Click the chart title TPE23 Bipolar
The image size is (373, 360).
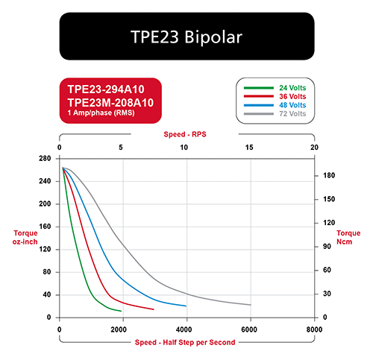[x=186, y=37]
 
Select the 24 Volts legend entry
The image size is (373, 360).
[x=292, y=88]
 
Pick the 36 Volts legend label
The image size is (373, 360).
[x=292, y=96]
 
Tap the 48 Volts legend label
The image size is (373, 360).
[x=292, y=105]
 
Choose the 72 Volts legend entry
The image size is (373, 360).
[x=292, y=114]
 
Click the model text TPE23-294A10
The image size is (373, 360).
[x=106, y=89]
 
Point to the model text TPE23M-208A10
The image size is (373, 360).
[x=110, y=102]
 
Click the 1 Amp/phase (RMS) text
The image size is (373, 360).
[x=101, y=113]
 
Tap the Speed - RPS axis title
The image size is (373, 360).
[x=185, y=134]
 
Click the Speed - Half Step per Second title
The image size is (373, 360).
[x=185, y=342]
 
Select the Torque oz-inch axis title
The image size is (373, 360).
[x=25, y=237]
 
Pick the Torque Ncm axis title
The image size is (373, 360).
[x=348, y=237]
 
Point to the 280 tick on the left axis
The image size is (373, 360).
[x=45, y=158]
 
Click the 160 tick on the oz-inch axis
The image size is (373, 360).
[x=45, y=227]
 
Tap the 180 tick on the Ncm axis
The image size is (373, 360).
[x=329, y=175]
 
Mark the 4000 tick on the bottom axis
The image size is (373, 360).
[x=184, y=329]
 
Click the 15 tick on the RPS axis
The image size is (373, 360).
[x=249, y=148]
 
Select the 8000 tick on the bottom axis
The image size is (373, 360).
[x=314, y=329]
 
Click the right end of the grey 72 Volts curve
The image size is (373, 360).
[x=251, y=305]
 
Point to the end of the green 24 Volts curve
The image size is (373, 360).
[x=121, y=311]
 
